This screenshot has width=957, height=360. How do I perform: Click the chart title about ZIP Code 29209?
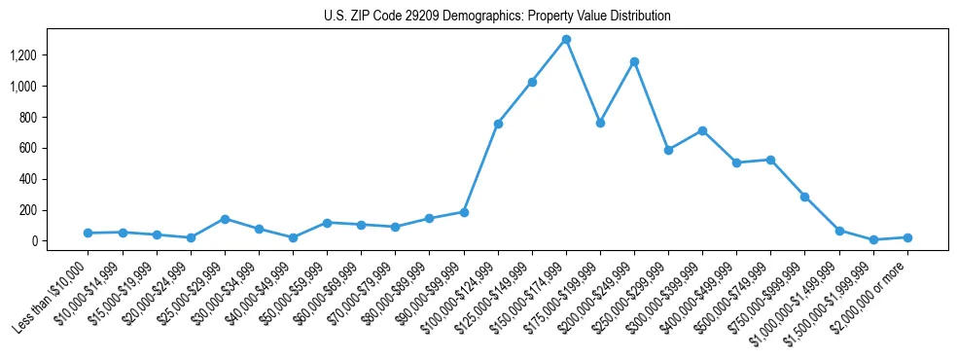(497, 17)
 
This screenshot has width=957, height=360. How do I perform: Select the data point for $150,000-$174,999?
(566, 40)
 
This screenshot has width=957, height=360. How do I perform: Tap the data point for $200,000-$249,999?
(634, 61)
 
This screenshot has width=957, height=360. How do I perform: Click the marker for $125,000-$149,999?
(532, 82)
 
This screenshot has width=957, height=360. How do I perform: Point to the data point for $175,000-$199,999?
(600, 123)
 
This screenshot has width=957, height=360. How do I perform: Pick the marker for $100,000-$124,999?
(498, 124)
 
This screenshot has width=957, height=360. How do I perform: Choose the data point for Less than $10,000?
(89, 233)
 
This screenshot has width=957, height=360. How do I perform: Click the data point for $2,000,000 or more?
(907, 237)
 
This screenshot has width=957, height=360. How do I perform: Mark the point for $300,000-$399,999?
(702, 130)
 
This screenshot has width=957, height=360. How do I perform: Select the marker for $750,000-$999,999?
(805, 197)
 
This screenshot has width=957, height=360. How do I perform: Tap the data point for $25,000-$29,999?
(225, 219)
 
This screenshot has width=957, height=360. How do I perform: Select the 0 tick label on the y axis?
(60, 241)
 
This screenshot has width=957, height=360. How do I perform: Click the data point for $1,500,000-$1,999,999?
(873, 239)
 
